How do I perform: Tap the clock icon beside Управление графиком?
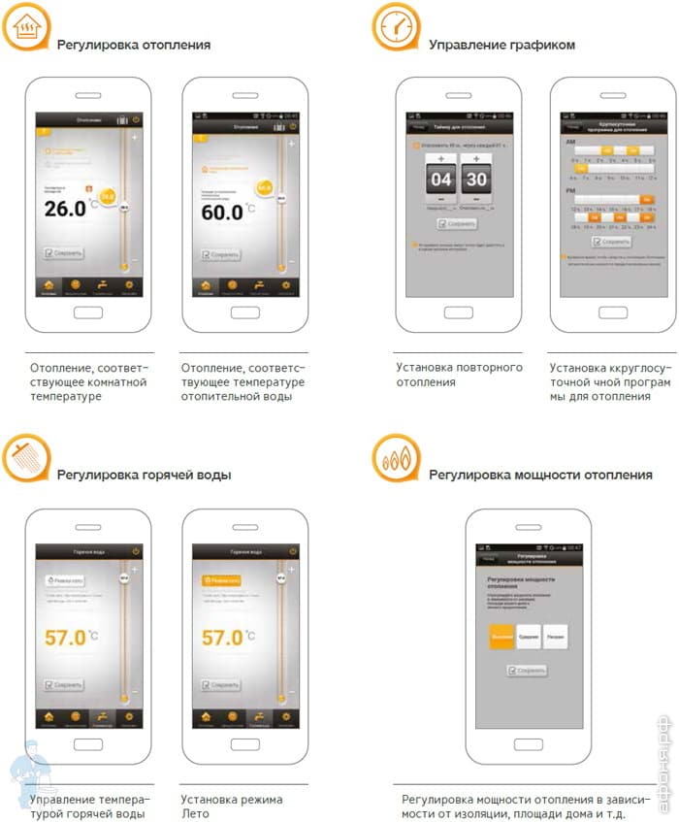click(396, 29)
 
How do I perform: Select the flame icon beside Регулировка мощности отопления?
click(396, 459)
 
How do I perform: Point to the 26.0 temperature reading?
click(65, 209)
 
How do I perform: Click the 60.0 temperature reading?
click(222, 211)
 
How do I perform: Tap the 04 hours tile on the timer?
click(441, 180)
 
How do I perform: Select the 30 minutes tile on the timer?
click(476, 180)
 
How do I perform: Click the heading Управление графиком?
click(501, 45)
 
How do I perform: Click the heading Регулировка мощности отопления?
click(541, 475)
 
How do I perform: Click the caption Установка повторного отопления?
click(459, 375)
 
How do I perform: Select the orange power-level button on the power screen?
click(501, 637)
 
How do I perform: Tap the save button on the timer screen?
click(457, 223)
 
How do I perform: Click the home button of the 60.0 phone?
click(244, 312)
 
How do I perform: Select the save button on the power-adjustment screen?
click(527, 670)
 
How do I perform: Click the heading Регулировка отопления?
click(133, 45)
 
